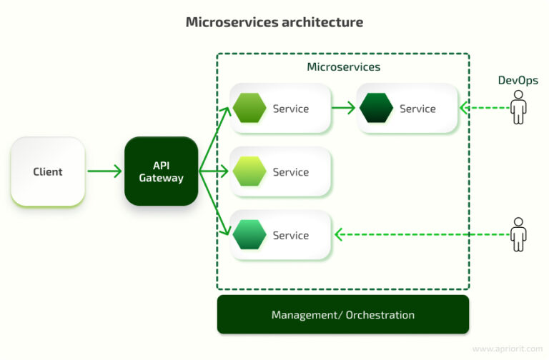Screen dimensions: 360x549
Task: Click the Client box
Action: click(x=48, y=171)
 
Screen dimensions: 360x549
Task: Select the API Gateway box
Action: click(x=161, y=171)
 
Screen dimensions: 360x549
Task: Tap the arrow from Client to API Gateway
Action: click(x=104, y=171)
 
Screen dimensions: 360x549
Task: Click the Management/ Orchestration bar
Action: click(x=343, y=314)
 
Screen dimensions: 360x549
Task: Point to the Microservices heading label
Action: click(x=343, y=67)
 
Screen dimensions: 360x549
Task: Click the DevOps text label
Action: click(x=518, y=81)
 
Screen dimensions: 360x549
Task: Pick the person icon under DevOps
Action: click(x=518, y=109)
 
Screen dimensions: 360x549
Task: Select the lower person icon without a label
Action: click(x=518, y=234)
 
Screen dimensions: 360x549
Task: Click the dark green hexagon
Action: click(x=376, y=109)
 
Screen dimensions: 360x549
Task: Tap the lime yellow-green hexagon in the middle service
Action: click(x=249, y=172)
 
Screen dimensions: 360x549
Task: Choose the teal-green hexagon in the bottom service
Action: click(x=249, y=235)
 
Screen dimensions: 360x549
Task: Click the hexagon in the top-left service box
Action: click(x=249, y=109)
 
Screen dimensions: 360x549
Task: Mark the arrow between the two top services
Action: click(x=344, y=109)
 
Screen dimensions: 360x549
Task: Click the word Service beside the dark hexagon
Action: click(x=417, y=109)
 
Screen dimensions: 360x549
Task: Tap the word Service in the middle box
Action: click(x=291, y=172)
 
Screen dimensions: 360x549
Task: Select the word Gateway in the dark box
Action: click(x=161, y=178)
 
